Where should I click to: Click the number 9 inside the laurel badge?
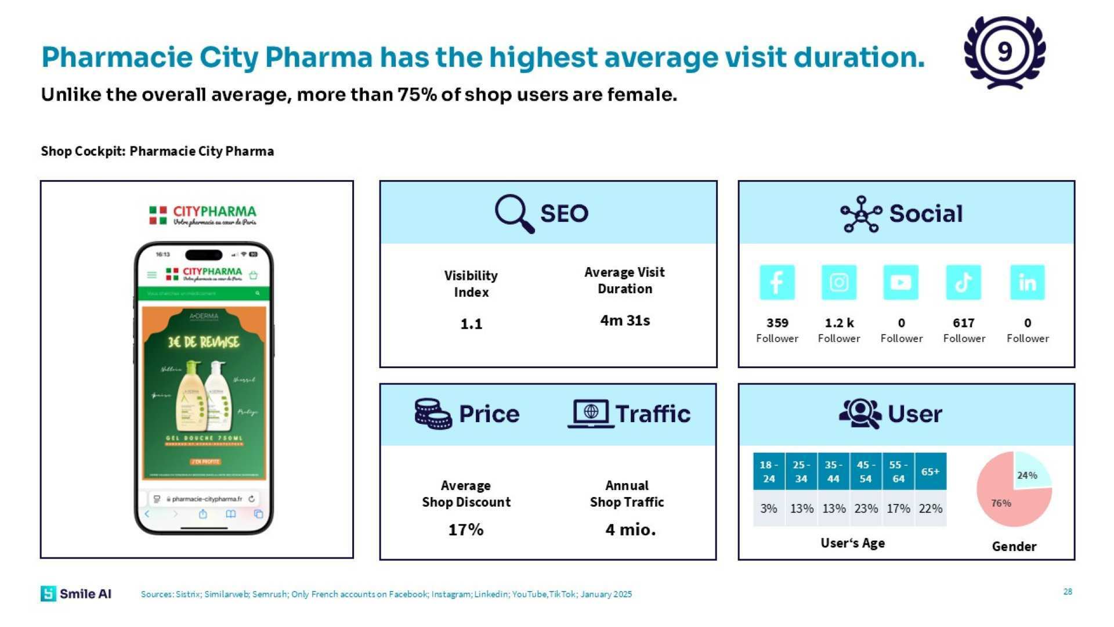[x=1005, y=52]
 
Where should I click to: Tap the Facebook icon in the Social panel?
[x=777, y=283]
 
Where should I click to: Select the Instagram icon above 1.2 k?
[x=839, y=283]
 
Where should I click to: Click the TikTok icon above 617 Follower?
[x=963, y=283]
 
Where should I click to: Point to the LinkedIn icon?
[x=1027, y=283]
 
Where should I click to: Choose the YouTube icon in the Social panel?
[x=900, y=283]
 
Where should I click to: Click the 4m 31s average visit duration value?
[x=625, y=320]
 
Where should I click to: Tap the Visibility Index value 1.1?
[x=471, y=324]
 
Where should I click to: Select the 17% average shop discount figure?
[x=466, y=529]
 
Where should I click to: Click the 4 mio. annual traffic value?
[x=630, y=529]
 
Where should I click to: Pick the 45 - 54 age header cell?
[x=866, y=471]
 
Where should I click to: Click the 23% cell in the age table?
[x=866, y=509]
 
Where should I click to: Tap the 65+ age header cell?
[x=930, y=471]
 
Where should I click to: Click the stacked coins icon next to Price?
[x=433, y=414]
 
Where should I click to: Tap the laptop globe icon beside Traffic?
[x=591, y=414]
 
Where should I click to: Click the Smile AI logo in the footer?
[x=76, y=593]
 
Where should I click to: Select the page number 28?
[x=1068, y=592]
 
